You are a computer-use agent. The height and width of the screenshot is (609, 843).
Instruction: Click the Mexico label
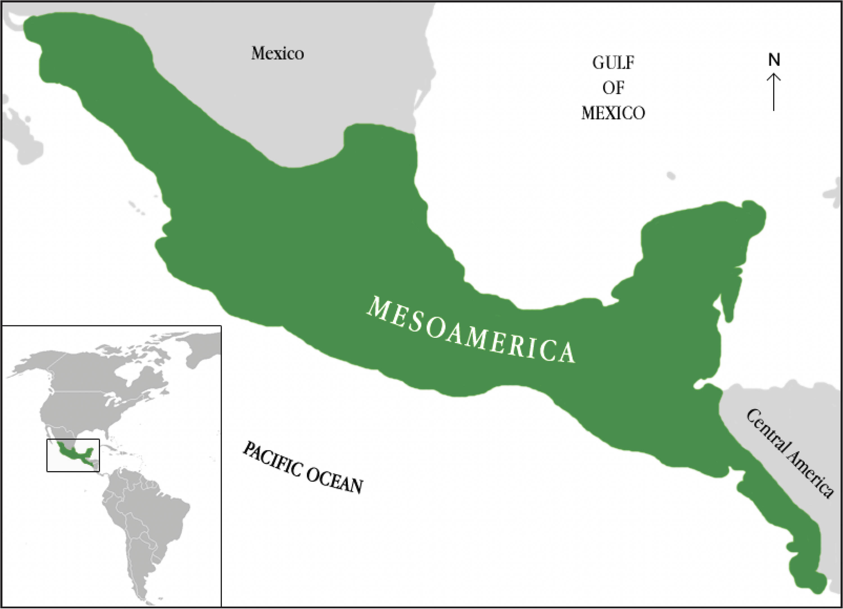tap(277, 54)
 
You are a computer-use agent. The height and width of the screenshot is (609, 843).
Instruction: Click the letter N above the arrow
tap(774, 60)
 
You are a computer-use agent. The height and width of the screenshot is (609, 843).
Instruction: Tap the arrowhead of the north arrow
tap(774, 76)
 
